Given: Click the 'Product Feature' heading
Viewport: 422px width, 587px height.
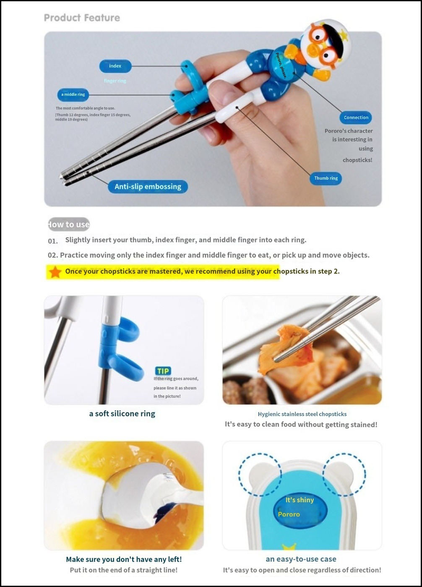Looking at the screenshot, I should [x=82, y=18].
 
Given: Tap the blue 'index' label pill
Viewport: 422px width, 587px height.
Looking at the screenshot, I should [x=115, y=66].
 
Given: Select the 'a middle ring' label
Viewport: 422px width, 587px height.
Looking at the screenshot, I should [x=73, y=94].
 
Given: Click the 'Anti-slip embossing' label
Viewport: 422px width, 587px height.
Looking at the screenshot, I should [x=148, y=187].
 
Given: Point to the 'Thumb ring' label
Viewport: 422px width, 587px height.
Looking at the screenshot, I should [x=326, y=178].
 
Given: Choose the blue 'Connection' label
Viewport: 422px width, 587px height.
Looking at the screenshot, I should [x=356, y=117].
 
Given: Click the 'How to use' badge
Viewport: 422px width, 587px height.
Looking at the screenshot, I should [x=69, y=224].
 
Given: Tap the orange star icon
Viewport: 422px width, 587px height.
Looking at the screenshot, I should [x=55, y=272].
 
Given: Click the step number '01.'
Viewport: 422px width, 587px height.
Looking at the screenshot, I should [x=53, y=241].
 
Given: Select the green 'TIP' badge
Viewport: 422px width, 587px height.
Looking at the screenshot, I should [x=163, y=371].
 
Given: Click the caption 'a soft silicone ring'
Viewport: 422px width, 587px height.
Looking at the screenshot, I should [x=122, y=414].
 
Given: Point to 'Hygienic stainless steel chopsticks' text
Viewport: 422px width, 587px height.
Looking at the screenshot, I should [x=302, y=414].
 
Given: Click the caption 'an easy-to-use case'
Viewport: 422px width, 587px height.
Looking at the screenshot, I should [x=301, y=559].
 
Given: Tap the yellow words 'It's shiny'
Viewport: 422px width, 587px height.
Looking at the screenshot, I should [x=300, y=500].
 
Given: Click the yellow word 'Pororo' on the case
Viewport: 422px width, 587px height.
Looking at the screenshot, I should [x=289, y=514].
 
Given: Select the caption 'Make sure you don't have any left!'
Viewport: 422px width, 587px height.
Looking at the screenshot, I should [x=124, y=559].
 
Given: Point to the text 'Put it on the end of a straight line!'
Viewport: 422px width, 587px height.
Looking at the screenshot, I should [x=124, y=570].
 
